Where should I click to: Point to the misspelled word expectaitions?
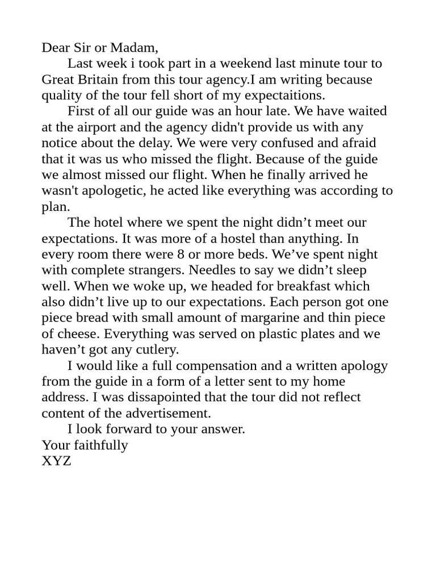[283, 95]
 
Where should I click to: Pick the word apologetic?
[107, 191]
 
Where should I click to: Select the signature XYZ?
[56, 462]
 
